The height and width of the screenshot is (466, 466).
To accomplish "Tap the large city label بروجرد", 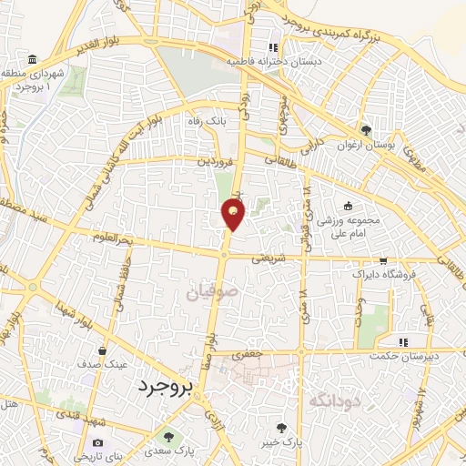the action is coord(166,387).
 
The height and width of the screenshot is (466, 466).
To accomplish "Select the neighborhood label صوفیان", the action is coord(210,293).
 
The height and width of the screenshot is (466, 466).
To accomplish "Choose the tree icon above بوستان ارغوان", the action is coord(367,129).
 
